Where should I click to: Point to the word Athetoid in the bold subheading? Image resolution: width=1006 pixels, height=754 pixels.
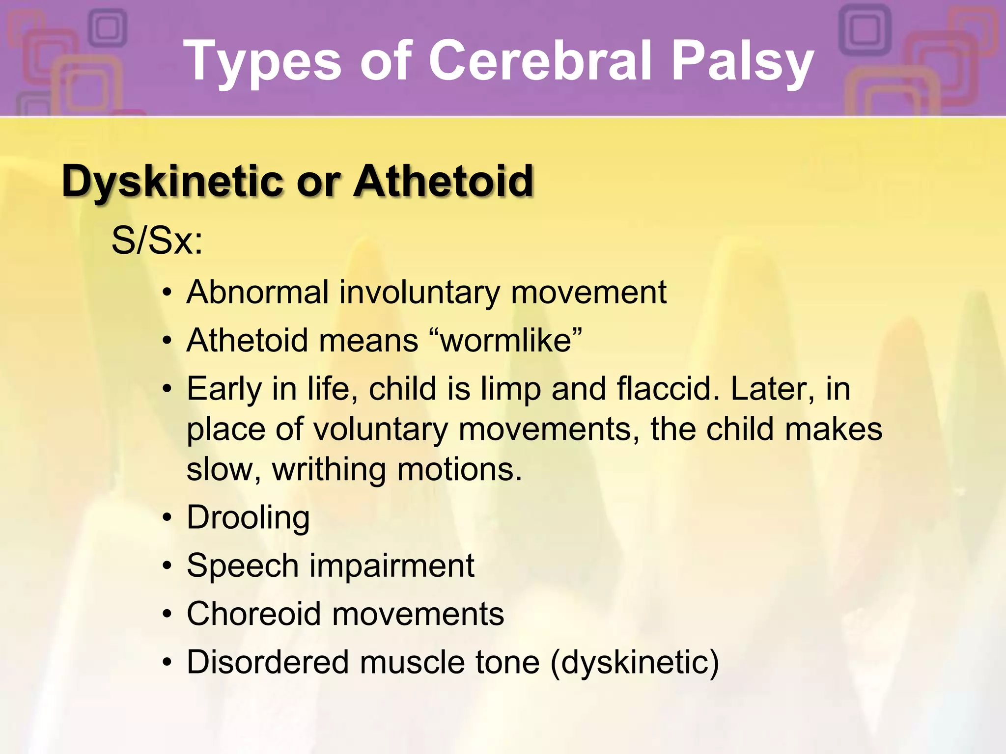pos(443,181)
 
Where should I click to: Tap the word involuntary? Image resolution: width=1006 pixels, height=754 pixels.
pos(419,293)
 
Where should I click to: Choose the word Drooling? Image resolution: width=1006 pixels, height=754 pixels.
pos(248,517)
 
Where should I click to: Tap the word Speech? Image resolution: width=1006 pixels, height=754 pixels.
pos(243,566)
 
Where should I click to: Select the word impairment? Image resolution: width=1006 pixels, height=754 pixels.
pos(391,566)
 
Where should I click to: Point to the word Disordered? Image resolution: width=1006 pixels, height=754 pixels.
pos(268,662)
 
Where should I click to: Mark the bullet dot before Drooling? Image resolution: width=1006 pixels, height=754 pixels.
pos(168,518)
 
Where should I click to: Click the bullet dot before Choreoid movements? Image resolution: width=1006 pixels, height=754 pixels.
pos(168,614)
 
